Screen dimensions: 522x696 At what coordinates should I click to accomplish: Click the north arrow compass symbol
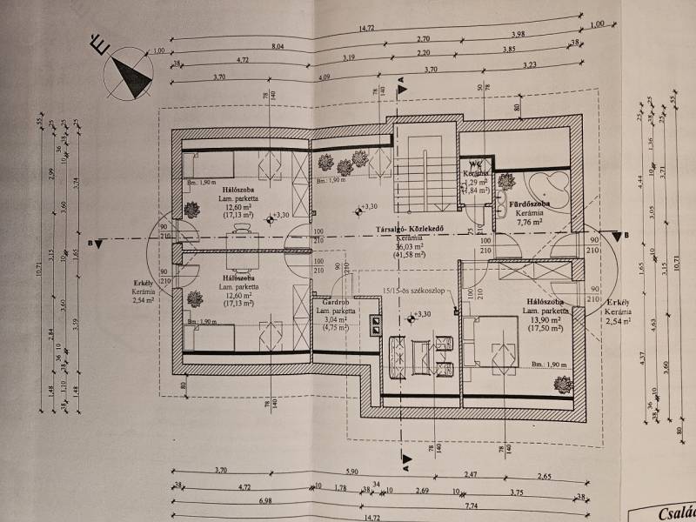click(127, 70)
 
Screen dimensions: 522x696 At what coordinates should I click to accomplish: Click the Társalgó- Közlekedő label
click(410, 230)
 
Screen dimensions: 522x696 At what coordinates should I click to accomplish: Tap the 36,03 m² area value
click(410, 245)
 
